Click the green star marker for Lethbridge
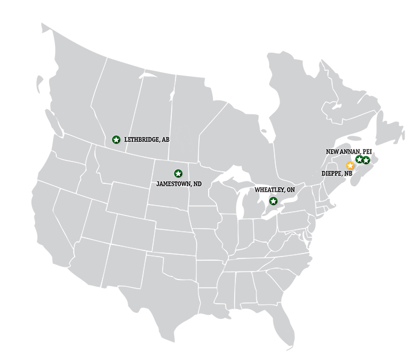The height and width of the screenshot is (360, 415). click(116, 140)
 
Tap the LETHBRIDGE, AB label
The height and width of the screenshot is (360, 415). click(146, 140)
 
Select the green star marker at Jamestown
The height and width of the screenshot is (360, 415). click(178, 174)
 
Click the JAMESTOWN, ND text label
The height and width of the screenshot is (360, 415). click(178, 184)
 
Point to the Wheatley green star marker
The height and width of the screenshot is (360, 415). click(273, 201)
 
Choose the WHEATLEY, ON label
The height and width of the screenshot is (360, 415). click(274, 190)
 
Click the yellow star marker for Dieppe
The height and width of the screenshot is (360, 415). click(350, 165)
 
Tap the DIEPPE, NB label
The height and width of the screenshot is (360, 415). click(336, 174)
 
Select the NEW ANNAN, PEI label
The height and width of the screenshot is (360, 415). click(348, 151)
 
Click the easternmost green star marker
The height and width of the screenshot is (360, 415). click(366, 160)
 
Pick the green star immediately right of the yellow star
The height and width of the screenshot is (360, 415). click(359, 159)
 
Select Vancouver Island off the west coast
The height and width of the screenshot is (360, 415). click(52, 131)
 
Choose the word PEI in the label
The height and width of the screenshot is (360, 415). click(367, 151)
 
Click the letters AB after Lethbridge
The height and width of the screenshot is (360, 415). click(165, 140)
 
